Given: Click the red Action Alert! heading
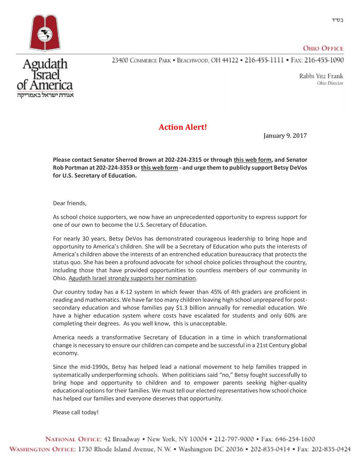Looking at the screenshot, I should [183, 127].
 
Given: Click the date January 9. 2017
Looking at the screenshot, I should [285, 135].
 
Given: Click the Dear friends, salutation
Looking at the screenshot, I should [69, 203].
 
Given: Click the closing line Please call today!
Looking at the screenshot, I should [76, 412].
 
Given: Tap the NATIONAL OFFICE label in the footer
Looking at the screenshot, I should [74, 439].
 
